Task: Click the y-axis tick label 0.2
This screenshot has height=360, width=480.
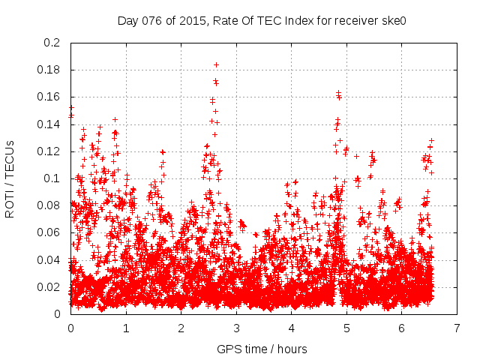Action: point(54,43)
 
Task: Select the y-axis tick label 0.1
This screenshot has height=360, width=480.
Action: point(54,178)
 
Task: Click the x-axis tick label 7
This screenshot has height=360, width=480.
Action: point(457,328)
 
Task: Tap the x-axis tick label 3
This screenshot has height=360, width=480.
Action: point(236,328)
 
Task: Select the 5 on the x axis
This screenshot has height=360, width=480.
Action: point(346,328)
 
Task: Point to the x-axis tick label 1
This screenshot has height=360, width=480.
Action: point(126,328)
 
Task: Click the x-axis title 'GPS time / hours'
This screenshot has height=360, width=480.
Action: point(262,349)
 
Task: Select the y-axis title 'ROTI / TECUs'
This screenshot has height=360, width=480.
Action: point(10,178)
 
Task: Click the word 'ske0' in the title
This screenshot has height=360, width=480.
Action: point(393,20)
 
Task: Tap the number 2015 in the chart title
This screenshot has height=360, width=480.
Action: point(193,20)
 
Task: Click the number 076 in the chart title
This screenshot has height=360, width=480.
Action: point(154,20)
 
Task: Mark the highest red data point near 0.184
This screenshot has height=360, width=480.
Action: point(217,64)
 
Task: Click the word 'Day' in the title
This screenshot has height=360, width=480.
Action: point(128,20)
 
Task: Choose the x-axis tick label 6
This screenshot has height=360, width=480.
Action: point(402,328)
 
